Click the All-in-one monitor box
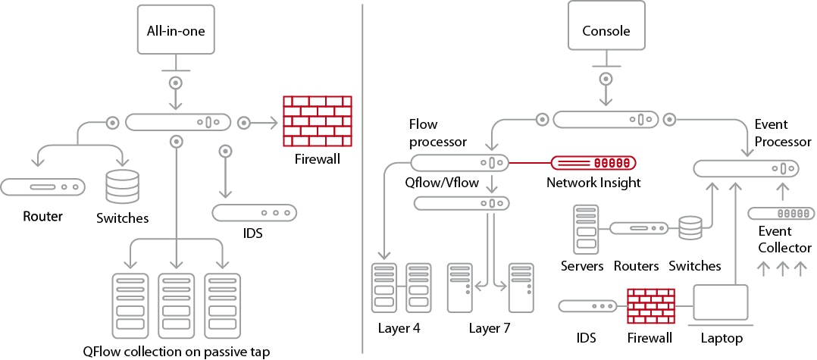click(x=176, y=30)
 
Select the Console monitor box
click(x=606, y=30)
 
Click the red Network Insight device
click(x=593, y=163)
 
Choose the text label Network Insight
click(x=593, y=183)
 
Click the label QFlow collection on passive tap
click(x=176, y=351)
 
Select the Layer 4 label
click(x=399, y=328)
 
